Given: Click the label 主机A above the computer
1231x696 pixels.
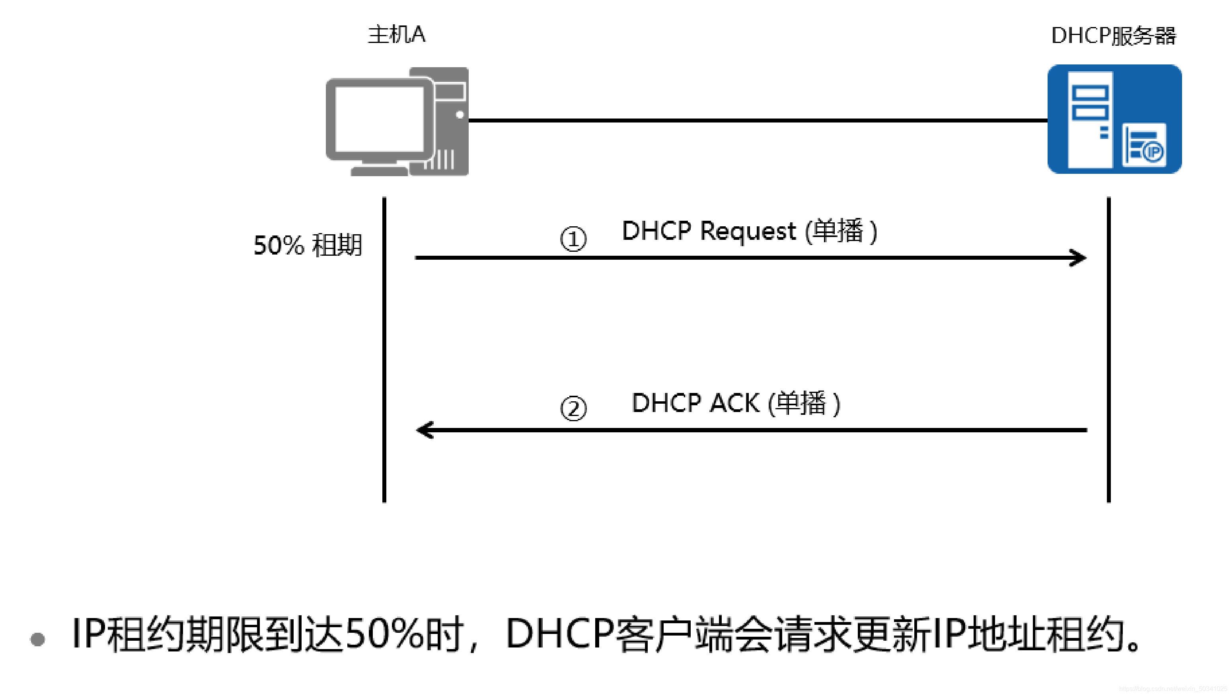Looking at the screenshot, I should tap(396, 35).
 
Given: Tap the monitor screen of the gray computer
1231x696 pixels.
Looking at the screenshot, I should tap(379, 119).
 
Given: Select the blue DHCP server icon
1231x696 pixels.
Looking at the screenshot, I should tap(1114, 119).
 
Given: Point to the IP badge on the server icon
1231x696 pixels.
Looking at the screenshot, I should tap(1153, 152).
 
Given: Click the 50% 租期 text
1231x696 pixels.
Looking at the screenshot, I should tap(308, 245).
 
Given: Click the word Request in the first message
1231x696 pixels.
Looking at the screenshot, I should tap(748, 232).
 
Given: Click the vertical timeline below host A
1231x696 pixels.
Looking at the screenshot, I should tap(384, 349).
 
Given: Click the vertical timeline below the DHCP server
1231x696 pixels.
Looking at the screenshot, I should tap(1108, 349).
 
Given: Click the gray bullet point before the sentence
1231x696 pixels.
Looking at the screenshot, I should tap(37, 639).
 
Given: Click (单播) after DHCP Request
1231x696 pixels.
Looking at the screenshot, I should tap(841, 231).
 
